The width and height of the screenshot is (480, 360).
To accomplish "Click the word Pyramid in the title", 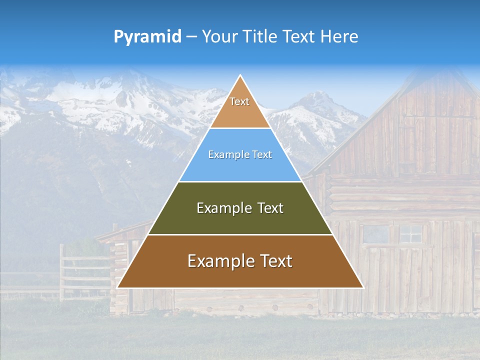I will coord(147,36).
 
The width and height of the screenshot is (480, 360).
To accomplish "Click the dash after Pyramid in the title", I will coord(191,37).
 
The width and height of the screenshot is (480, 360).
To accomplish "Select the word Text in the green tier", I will coord(270,208).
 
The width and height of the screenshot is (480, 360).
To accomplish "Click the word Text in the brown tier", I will coord(276,261).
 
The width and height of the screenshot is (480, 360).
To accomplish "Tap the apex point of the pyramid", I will coord(240,76).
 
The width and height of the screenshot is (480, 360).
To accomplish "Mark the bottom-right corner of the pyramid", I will coord(362,287).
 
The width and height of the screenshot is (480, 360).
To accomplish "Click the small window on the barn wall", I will coord(411,233).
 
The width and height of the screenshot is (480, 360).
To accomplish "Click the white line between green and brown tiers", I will coord(240,234).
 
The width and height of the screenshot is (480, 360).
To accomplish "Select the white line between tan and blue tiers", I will coord(240,128).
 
